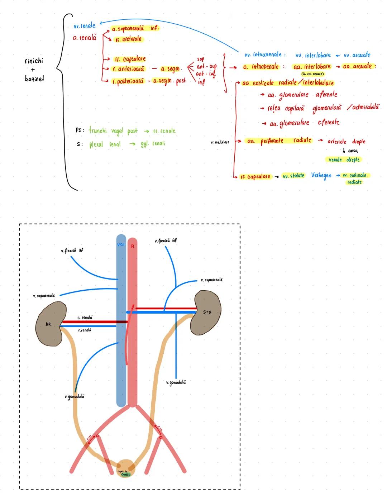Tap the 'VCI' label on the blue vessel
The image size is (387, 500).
click(121, 245)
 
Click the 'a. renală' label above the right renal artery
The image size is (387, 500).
click(85, 318)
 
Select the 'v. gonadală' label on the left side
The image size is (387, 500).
click(75, 396)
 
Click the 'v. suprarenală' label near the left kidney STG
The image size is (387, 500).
click(211, 280)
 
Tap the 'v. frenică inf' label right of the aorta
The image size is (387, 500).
click(166, 241)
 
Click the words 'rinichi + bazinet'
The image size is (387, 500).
click(34, 70)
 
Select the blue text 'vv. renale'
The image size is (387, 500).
click(85, 26)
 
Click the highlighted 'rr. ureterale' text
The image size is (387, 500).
click(128, 39)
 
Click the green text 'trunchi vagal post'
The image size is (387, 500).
click(113, 131)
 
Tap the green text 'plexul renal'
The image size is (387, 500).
click(105, 144)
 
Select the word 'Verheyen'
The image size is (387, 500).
click(321, 176)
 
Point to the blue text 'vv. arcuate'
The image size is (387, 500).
click(357, 55)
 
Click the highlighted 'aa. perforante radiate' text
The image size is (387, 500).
click(279, 141)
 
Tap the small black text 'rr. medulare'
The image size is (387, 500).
click(220, 142)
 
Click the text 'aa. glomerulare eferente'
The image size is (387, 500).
click(304, 123)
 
